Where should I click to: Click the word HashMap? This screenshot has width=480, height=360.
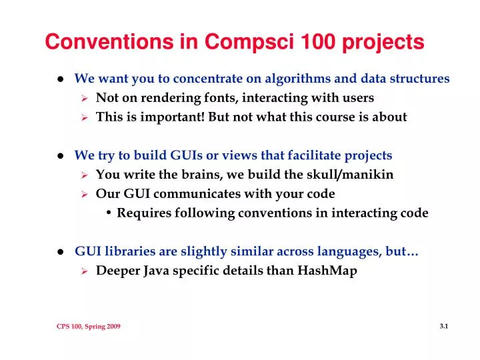(x=328, y=271)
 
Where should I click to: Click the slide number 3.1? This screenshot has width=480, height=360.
(x=444, y=325)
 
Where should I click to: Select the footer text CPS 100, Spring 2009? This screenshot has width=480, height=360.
(x=88, y=326)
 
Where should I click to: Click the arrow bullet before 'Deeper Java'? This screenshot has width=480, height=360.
(x=85, y=271)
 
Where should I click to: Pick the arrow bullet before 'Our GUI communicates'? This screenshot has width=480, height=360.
(x=85, y=195)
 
